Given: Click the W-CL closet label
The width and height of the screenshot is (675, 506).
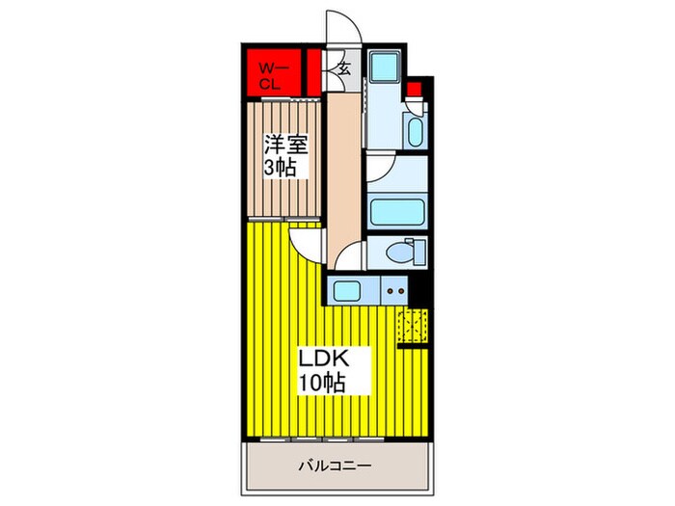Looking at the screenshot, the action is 269,76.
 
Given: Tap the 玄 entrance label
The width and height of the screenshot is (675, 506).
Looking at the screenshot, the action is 343,68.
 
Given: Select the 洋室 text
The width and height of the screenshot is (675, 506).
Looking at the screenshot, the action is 285,144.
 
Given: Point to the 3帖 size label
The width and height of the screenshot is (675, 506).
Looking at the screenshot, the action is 280,168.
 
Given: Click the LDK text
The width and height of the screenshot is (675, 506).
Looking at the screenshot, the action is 324,359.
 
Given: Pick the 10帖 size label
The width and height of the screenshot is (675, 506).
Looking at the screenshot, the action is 323,382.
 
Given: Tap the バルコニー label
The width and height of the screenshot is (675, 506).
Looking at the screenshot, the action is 335,466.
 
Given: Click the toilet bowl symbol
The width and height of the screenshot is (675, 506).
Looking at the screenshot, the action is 400,252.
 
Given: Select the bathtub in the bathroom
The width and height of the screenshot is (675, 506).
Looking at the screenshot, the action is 397,212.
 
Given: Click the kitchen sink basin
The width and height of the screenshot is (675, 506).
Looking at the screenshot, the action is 347,291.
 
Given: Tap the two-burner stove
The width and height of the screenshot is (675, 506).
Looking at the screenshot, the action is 394,290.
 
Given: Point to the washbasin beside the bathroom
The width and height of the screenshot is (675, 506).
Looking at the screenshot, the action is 416,131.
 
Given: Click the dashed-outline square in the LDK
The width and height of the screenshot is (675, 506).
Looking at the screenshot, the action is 413,326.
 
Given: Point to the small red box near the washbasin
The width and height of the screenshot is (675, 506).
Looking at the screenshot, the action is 414,89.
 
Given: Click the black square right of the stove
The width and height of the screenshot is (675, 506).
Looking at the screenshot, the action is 417,290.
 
